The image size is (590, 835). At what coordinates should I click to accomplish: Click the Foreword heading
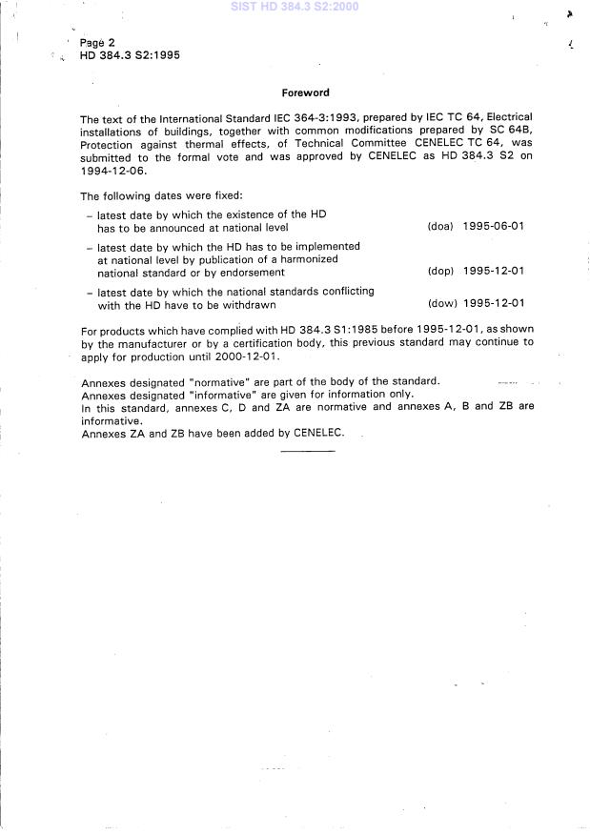click(x=306, y=93)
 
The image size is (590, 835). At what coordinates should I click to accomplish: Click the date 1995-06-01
click(x=493, y=227)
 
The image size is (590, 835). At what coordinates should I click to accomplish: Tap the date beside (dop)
click(x=493, y=272)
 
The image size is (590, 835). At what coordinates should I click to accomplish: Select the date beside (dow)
click(x=493, y=305)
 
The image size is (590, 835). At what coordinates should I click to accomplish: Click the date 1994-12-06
click(x=112, y=173)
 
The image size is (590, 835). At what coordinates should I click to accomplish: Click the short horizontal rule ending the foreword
click(x=308, y=449)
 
